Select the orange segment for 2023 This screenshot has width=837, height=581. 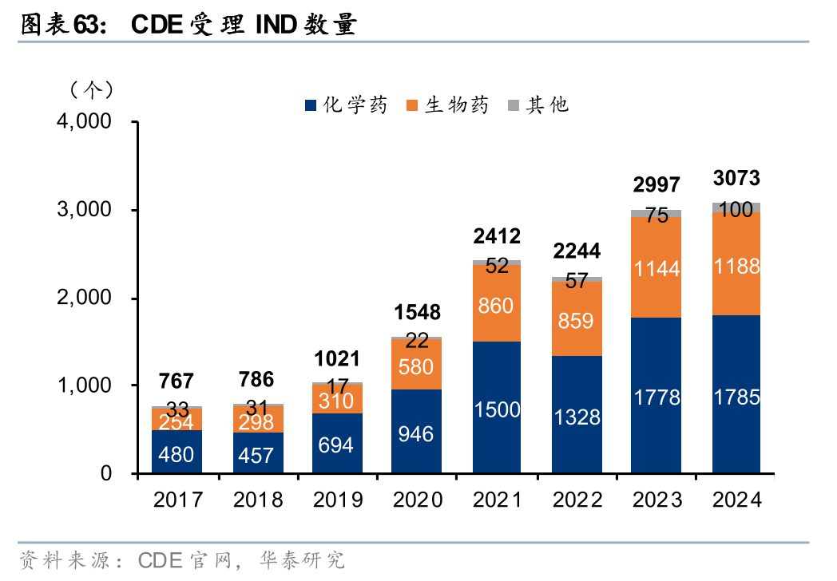656,267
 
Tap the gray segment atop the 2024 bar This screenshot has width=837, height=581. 736,207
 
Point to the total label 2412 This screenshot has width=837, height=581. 496,236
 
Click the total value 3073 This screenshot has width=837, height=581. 736,178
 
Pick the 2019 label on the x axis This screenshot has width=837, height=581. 337,500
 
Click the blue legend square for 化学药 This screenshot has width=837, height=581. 311,105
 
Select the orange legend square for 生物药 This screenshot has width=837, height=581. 412,105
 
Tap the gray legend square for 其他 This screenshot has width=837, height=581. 513,105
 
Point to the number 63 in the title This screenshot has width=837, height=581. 85,26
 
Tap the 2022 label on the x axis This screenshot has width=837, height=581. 577,500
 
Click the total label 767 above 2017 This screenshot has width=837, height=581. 177,381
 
